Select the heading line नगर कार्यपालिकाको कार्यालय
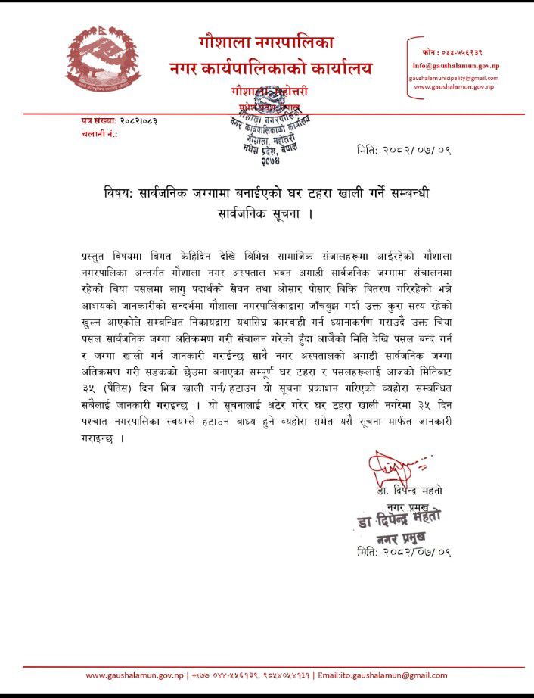pos(271,69)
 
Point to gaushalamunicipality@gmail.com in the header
pos(454,78)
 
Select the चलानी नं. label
pos(98,133)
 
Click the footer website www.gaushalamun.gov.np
pos(134,675)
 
